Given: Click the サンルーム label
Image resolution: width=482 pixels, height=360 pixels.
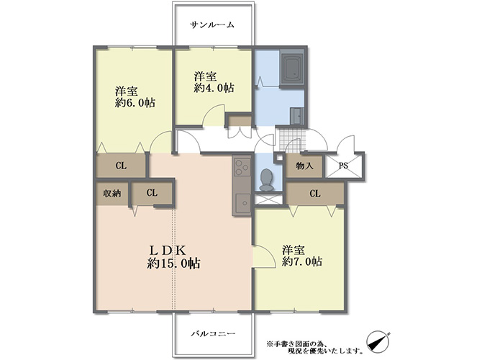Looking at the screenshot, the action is point(212,24).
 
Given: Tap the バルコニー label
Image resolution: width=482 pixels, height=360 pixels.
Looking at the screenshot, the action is point(213,333).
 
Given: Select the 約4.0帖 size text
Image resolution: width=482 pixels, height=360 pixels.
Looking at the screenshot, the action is point(214,88).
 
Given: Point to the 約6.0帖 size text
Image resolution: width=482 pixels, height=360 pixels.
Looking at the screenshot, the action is point(135,103).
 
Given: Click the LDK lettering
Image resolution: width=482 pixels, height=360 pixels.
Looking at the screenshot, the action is point(168,250).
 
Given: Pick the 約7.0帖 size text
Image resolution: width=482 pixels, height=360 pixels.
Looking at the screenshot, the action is point(302,261).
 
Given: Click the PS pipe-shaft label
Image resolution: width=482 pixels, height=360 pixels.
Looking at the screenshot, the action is point(343,166).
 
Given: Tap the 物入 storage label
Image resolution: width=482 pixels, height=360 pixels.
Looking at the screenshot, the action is point(304,166).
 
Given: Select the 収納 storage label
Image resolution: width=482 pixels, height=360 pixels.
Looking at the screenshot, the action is point(112,194).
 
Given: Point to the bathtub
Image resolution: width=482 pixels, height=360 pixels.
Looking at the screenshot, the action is point(292,70).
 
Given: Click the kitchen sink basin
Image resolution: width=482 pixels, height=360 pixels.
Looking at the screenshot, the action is point(242,203).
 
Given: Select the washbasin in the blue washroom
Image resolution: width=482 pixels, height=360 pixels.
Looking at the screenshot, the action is point(297,116).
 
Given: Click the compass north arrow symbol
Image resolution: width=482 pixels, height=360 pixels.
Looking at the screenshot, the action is point(378,342).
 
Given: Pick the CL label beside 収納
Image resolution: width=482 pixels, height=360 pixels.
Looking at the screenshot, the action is point(152,193).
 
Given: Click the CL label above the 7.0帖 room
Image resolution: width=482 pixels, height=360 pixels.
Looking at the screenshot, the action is point(315,194).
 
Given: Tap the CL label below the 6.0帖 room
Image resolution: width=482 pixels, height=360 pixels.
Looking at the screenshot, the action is point(121,166).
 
